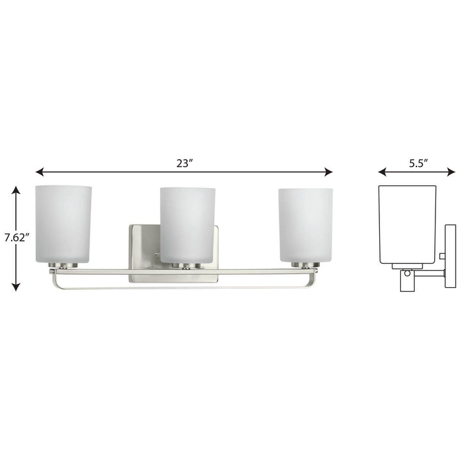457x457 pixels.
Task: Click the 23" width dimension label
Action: pos(184,163)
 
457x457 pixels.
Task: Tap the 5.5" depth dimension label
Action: pos(418,163)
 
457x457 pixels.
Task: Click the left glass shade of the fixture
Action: pos(63,223)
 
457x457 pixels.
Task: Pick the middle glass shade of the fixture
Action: pos(187,225)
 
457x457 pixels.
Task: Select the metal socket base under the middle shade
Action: pos(187,266)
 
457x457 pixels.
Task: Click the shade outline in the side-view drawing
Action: pos(407,222)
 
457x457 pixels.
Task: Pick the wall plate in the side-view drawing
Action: pos(450,255)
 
